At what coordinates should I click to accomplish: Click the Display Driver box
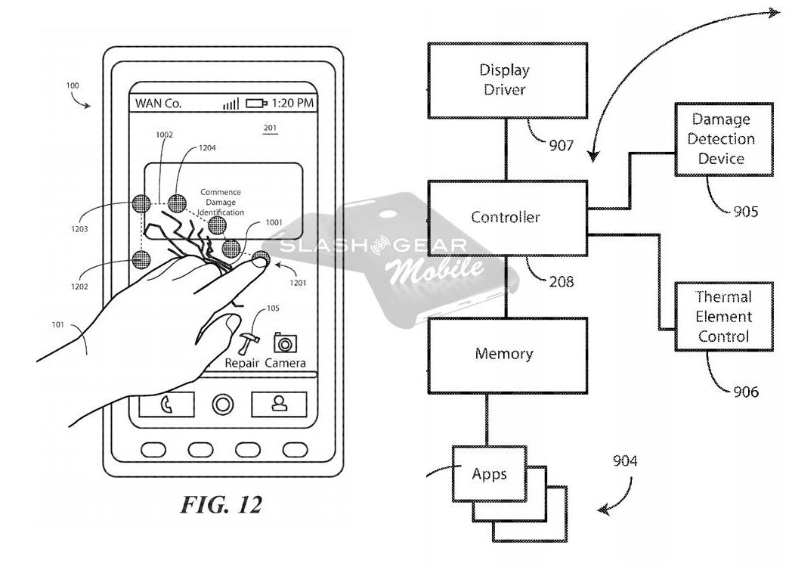[504, 80]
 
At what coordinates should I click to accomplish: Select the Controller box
[506, 218]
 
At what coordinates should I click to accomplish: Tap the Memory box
[504, 354]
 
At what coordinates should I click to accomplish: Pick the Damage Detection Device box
[721, 139]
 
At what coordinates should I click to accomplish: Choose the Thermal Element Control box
[723, 317]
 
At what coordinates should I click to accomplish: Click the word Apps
[489, 475]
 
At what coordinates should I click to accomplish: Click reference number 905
[744, 212]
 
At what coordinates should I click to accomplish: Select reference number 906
[745, 392]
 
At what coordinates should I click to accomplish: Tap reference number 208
[561, 282]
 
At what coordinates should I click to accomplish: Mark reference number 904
[624, 460]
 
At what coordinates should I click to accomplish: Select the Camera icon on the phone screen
[285, 342]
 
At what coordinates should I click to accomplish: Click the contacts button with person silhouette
[279, 404]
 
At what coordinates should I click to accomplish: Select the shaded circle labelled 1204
[177, 203]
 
